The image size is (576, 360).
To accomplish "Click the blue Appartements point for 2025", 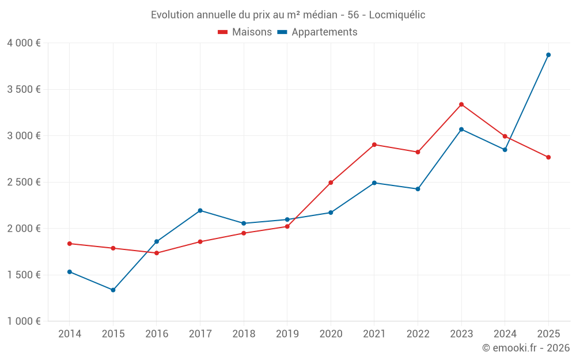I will tap(548, 55).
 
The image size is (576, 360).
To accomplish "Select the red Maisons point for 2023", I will tap(461, 104).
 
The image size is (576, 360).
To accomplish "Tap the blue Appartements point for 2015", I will tap(113, 290).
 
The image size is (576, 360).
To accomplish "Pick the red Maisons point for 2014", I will tap(70, 244).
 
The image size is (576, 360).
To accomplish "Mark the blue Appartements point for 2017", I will tap(200, 210).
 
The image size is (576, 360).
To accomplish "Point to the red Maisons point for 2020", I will tap(331, 183).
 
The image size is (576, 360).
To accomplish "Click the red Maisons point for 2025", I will tap(548, 157).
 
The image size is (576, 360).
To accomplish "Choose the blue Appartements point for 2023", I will tap(461, 129).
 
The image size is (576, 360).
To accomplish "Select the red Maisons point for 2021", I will tap(374, 145).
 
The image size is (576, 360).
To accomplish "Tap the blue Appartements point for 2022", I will tap(418, 189).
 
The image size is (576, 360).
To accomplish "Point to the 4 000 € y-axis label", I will tap(24, 43).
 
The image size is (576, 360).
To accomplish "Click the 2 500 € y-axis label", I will tap(24, 182).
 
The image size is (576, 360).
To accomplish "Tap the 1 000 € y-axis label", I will tap(24, 321).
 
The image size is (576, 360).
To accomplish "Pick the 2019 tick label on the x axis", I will tap(287, 334).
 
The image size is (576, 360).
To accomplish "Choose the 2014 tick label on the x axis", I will tap(70, 334).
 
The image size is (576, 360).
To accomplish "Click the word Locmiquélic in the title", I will tap(397, 15).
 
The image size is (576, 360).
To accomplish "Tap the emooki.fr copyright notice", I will tap(525, 347).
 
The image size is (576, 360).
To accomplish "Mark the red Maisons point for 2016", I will tap(157, 253).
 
